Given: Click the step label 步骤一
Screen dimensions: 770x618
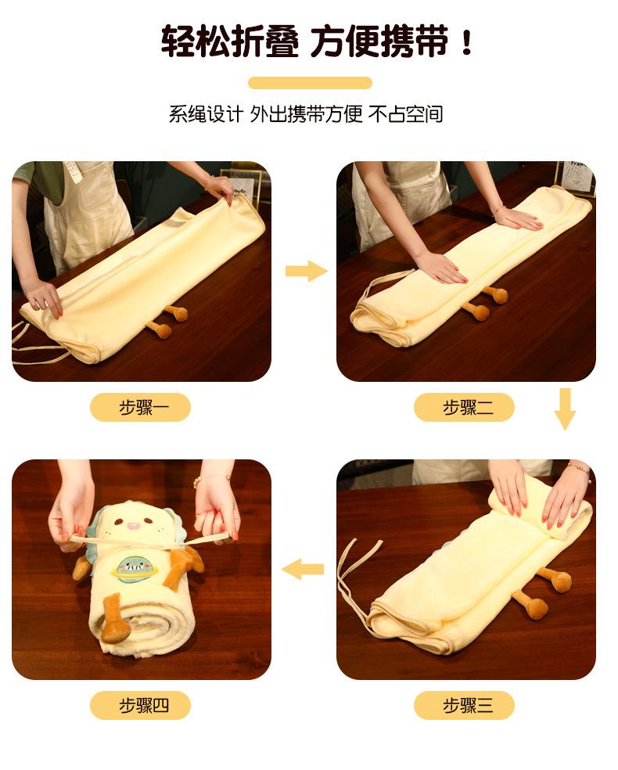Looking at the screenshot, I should point(140,408).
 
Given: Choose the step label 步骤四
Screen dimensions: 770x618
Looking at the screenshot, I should point(140,706).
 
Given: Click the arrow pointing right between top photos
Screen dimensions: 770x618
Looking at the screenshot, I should point(305,271).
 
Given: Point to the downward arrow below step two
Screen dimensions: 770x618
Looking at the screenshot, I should point(565,408).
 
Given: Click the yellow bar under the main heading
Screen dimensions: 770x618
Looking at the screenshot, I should point(310,83).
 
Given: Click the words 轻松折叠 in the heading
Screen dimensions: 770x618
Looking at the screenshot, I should point(229,41).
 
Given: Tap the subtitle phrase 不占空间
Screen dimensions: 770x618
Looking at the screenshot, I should point(406,114).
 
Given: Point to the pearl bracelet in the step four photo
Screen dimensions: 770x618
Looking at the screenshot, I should point(210,477).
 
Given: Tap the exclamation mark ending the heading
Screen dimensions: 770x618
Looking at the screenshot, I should point(467,41).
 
